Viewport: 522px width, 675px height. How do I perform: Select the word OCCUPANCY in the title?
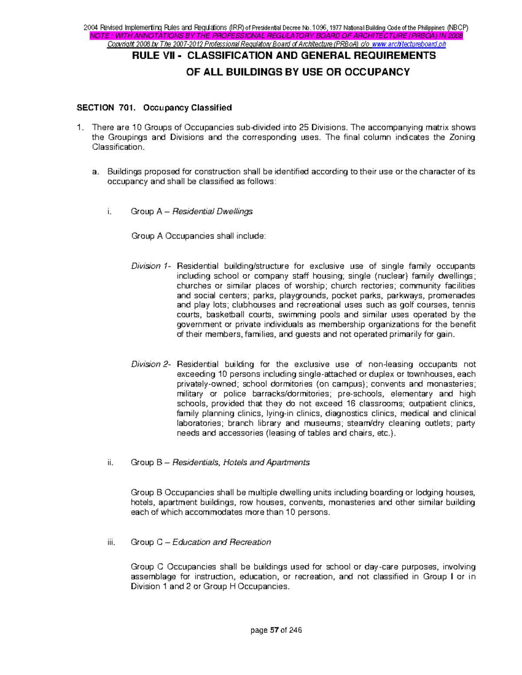[x=382, y=72]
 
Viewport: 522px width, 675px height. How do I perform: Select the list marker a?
[x=95, y=172]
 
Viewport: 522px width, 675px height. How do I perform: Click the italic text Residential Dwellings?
[x=212, y=212]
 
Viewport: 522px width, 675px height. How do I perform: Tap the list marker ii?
[x=110, y=462]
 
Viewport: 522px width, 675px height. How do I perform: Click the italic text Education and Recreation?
[x=221, y=542]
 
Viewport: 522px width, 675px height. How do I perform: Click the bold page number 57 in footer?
[x=274, y=630]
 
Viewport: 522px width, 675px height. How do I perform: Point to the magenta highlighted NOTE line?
[x=276, y=36]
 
